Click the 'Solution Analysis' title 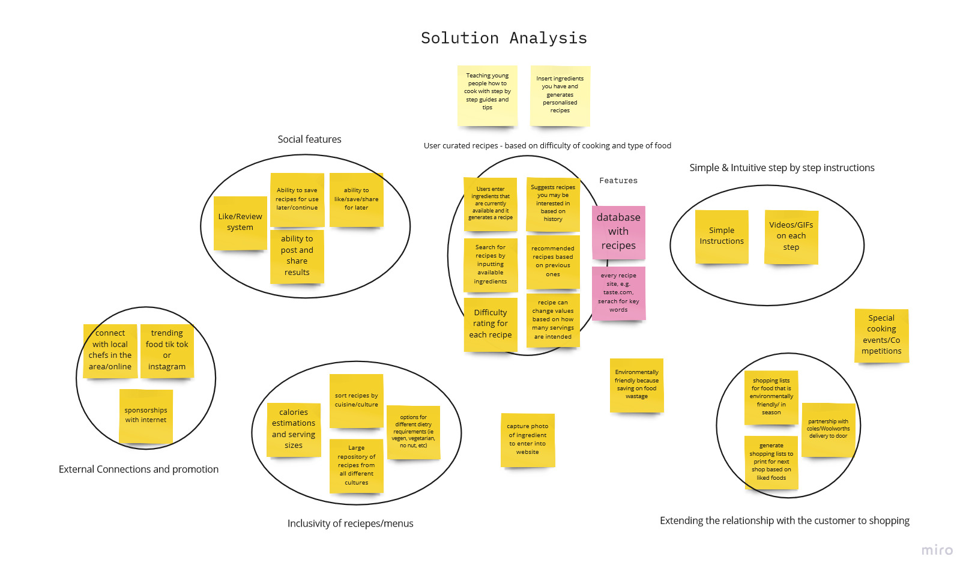[504, 38]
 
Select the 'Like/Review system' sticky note [240, 223]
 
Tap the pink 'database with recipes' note [618, 231]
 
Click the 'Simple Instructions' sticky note [722, 236]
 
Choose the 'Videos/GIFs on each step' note [791, 237]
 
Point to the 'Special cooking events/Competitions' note [881, 335]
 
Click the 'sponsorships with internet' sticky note [146, 415]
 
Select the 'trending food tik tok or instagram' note [167, 350]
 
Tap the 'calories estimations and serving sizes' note [294, 429]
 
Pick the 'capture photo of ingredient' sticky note [528, 440]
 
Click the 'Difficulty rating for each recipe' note [491, 324]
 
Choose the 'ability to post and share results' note [297, 256]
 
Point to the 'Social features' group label [309, 139]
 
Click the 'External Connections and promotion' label [139, 470]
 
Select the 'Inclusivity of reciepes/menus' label [350, 524]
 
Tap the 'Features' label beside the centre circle [618, 181]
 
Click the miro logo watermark [937, 550]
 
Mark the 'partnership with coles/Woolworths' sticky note [828, 429]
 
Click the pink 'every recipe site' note [618, 293]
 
